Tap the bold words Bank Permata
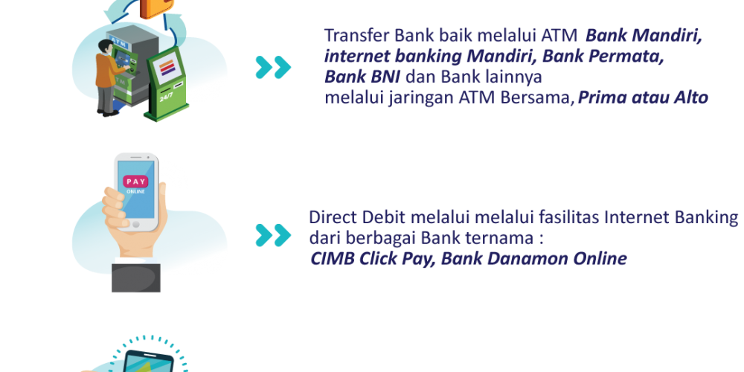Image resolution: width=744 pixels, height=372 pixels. [x=603, y=56]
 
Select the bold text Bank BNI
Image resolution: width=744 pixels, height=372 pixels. [x=362, y=77]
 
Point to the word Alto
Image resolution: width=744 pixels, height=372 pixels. [x=691, y=97]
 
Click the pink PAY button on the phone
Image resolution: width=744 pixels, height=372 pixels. [x=135, y=182]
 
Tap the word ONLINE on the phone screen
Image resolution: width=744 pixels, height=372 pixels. [x=135, y=192]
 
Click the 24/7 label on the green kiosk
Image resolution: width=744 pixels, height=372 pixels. [x=166, y=98]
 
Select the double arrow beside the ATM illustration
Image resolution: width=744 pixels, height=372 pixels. [x=273, y=68]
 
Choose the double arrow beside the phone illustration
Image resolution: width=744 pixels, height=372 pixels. [x=273, y=235]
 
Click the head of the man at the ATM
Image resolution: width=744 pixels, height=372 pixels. [x=105, y=47]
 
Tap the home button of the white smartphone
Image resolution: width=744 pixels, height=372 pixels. [x=136, y=225]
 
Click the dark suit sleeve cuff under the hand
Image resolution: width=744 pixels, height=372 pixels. [x=136, y=278]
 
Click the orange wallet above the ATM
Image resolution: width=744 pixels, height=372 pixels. [x=157, y=8]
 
